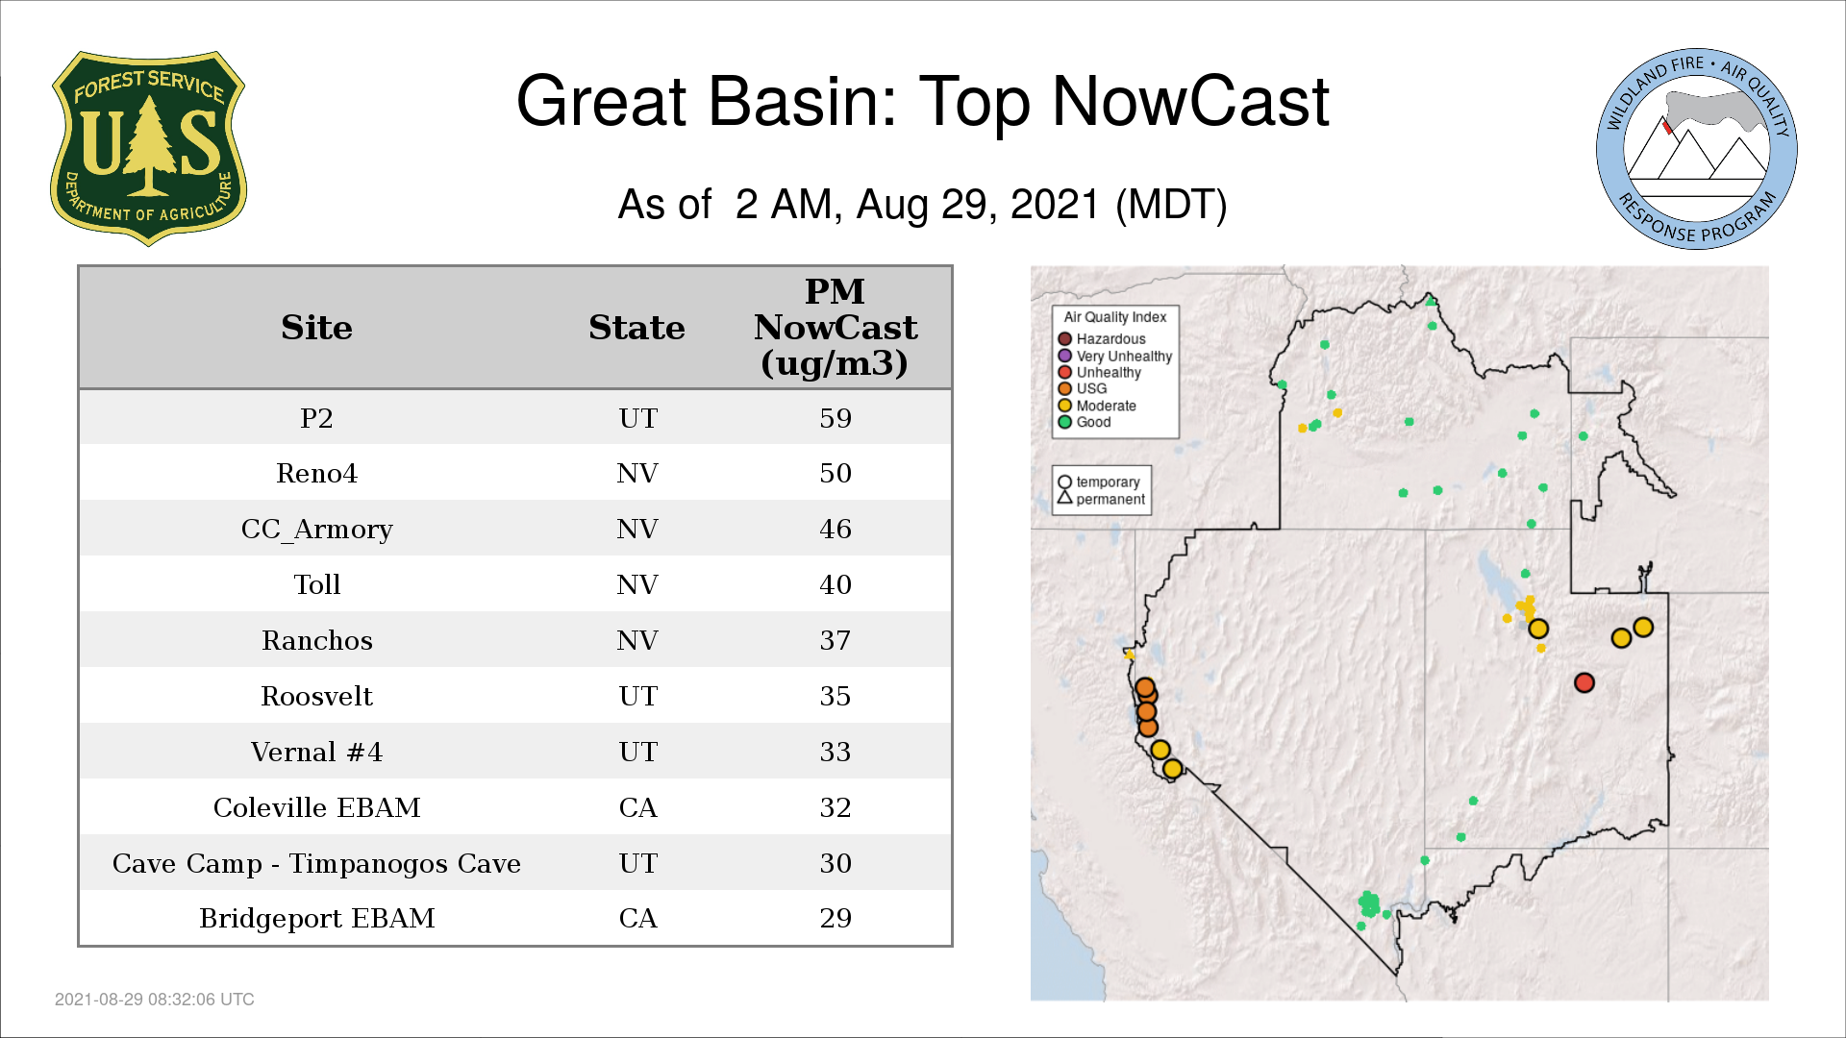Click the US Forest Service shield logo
(148, 148)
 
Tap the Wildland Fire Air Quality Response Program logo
(1697, 149)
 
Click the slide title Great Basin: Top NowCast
(923, 101)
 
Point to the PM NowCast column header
(836, 327)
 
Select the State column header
(636, 328)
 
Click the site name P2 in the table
(316, 418)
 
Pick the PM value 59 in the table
(836, 418)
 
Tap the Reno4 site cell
(316, 473)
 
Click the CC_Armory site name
(316, 530)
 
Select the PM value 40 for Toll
(836, 584)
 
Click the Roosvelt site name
(316, 696)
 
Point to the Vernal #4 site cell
(316, 752)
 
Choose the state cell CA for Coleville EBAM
(637, 807)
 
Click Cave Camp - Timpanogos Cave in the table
(316, 863)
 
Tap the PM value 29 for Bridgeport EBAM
(836, 918)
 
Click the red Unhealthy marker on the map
(1584, 682)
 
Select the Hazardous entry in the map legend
(1102, 339)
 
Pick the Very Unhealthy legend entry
(1115, 356)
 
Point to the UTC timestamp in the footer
(155, 1000)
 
